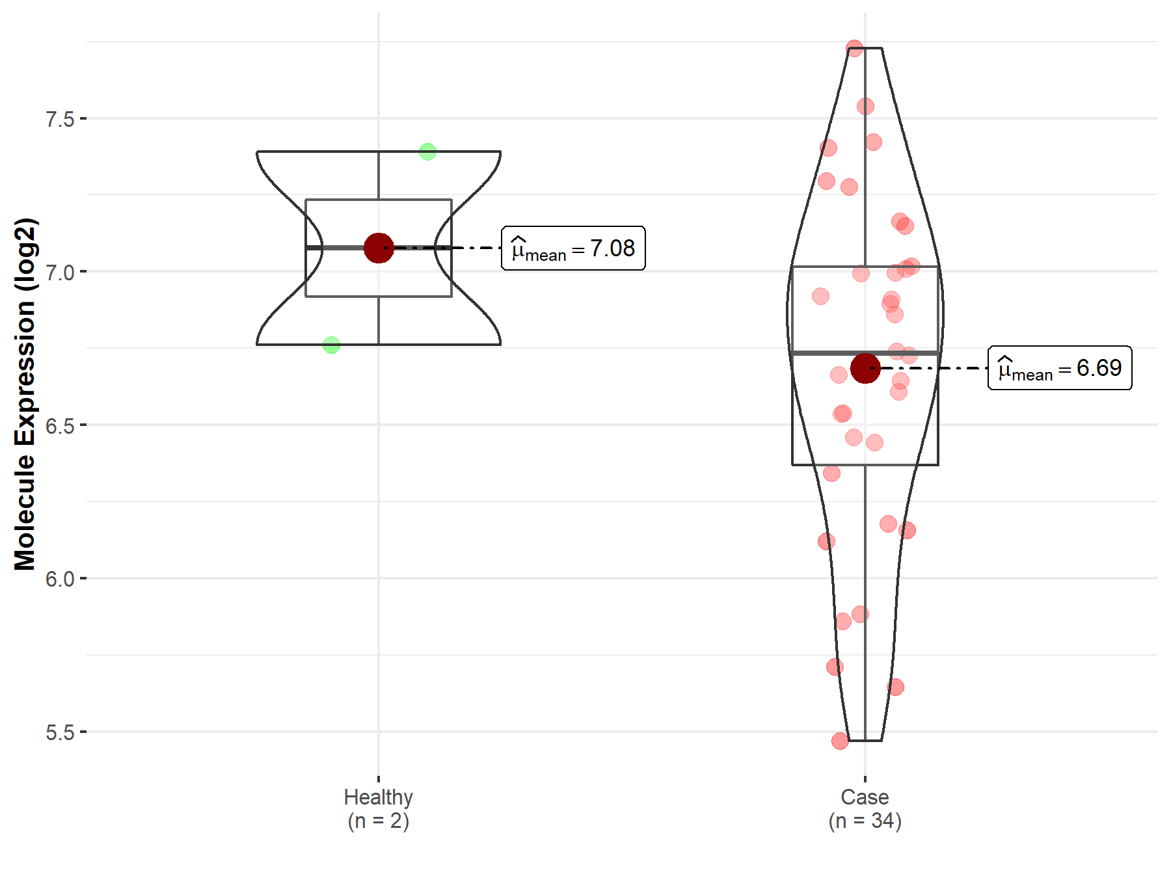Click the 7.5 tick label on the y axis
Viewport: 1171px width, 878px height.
pos(60,119)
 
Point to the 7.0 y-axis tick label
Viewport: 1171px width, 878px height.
pos(60,272)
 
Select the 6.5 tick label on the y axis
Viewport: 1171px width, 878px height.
pos(60,425)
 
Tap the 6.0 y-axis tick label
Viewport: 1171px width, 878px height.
pos(60,578)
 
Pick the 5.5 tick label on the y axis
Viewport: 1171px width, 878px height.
pos(60,732)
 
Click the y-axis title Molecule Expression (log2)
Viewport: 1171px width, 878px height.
pos(25,394)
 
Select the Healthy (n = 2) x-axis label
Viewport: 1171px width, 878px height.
pos(379,808)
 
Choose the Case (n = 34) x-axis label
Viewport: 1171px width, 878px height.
pos(865,808)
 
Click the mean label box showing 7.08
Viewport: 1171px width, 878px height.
pos(573,248)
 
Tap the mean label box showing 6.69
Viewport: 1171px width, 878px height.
pos(1060,368)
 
